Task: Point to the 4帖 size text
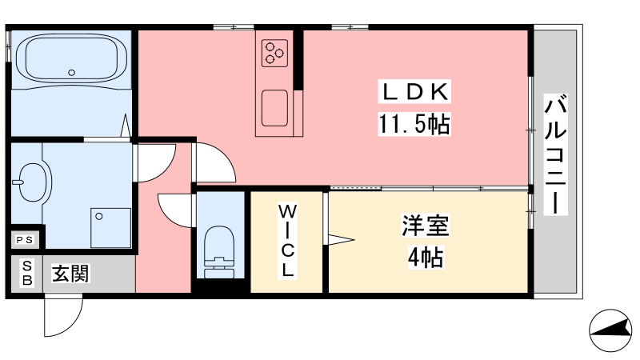tap(425, 258)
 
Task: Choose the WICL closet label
tap(287, 240)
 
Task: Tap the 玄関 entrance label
tap(70, 274)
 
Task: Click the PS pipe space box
tap(24, 238)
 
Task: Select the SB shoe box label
tap(26, 274)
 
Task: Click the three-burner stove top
tap(274, 53)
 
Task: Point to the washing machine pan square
tap(110, 227)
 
